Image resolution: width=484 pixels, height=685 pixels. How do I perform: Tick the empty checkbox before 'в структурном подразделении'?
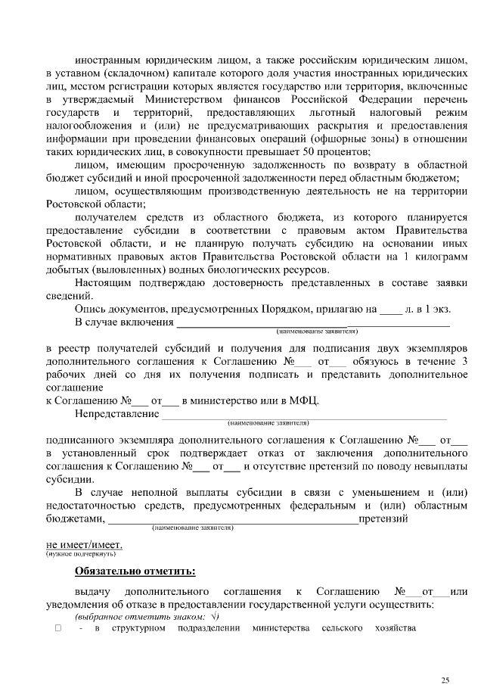57,629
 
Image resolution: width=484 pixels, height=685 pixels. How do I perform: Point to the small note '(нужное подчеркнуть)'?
81,554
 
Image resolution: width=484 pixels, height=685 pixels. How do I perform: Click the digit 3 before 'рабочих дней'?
464,360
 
